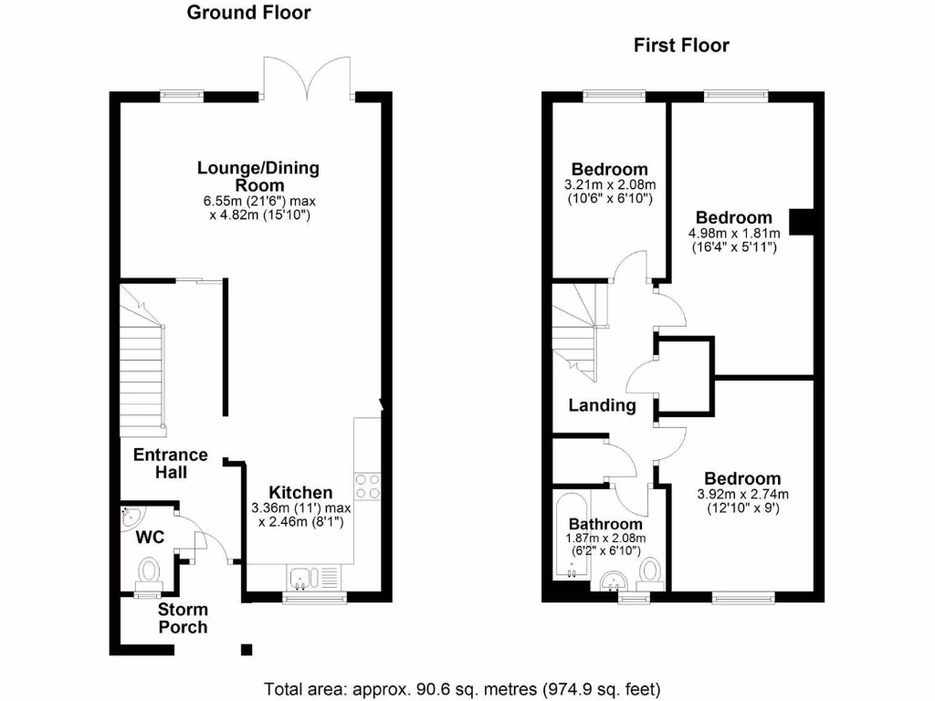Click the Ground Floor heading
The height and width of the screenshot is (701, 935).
[x=248, y=13]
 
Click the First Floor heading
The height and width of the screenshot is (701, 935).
[x=681, y=46]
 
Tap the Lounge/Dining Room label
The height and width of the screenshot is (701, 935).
[x=258, y=176]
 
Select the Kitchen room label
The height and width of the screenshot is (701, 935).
[x=293, y=493]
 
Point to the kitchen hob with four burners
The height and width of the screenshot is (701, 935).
[x=367, y=487]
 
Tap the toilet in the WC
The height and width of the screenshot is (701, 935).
[x=148, y=572]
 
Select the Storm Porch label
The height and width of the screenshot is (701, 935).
[x=183, y=618]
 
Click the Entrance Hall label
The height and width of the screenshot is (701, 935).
[x=171, y=463]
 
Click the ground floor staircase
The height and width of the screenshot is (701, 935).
[x=144, y=365]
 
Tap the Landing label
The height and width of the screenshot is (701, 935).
[x=602, y=405]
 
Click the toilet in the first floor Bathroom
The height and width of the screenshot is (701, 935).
[x=650, y=571]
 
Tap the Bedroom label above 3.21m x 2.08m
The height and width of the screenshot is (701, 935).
[x=609, y=169]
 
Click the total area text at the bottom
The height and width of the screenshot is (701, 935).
[x=462, y=688]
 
